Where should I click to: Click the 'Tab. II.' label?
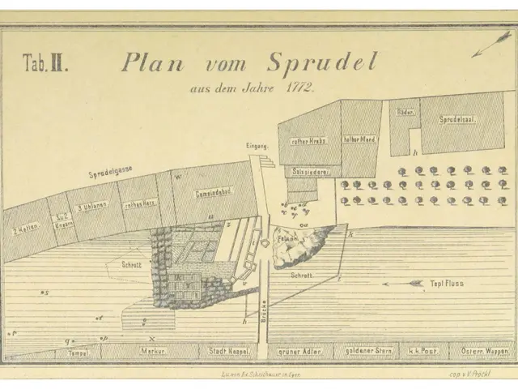(x=45, y=66)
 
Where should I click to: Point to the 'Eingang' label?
(x=257, y=146)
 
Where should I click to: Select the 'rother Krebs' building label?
(x=307, y=140)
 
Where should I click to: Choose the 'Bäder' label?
(x=405, y=111)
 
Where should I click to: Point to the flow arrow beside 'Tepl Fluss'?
(x=405, y=284)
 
